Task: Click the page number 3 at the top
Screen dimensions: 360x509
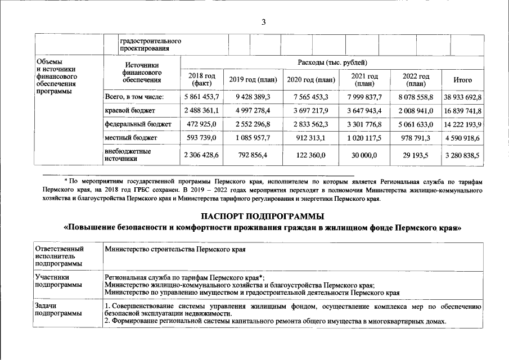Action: coord(263,22)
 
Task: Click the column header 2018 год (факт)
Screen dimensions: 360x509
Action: coord(201,79)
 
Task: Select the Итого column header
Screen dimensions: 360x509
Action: coord(462,79)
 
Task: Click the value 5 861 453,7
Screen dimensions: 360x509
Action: coord(201,97)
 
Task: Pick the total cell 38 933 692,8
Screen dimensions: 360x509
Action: coord(462,97)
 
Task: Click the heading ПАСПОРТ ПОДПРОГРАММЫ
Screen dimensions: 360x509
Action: coord(263,216)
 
